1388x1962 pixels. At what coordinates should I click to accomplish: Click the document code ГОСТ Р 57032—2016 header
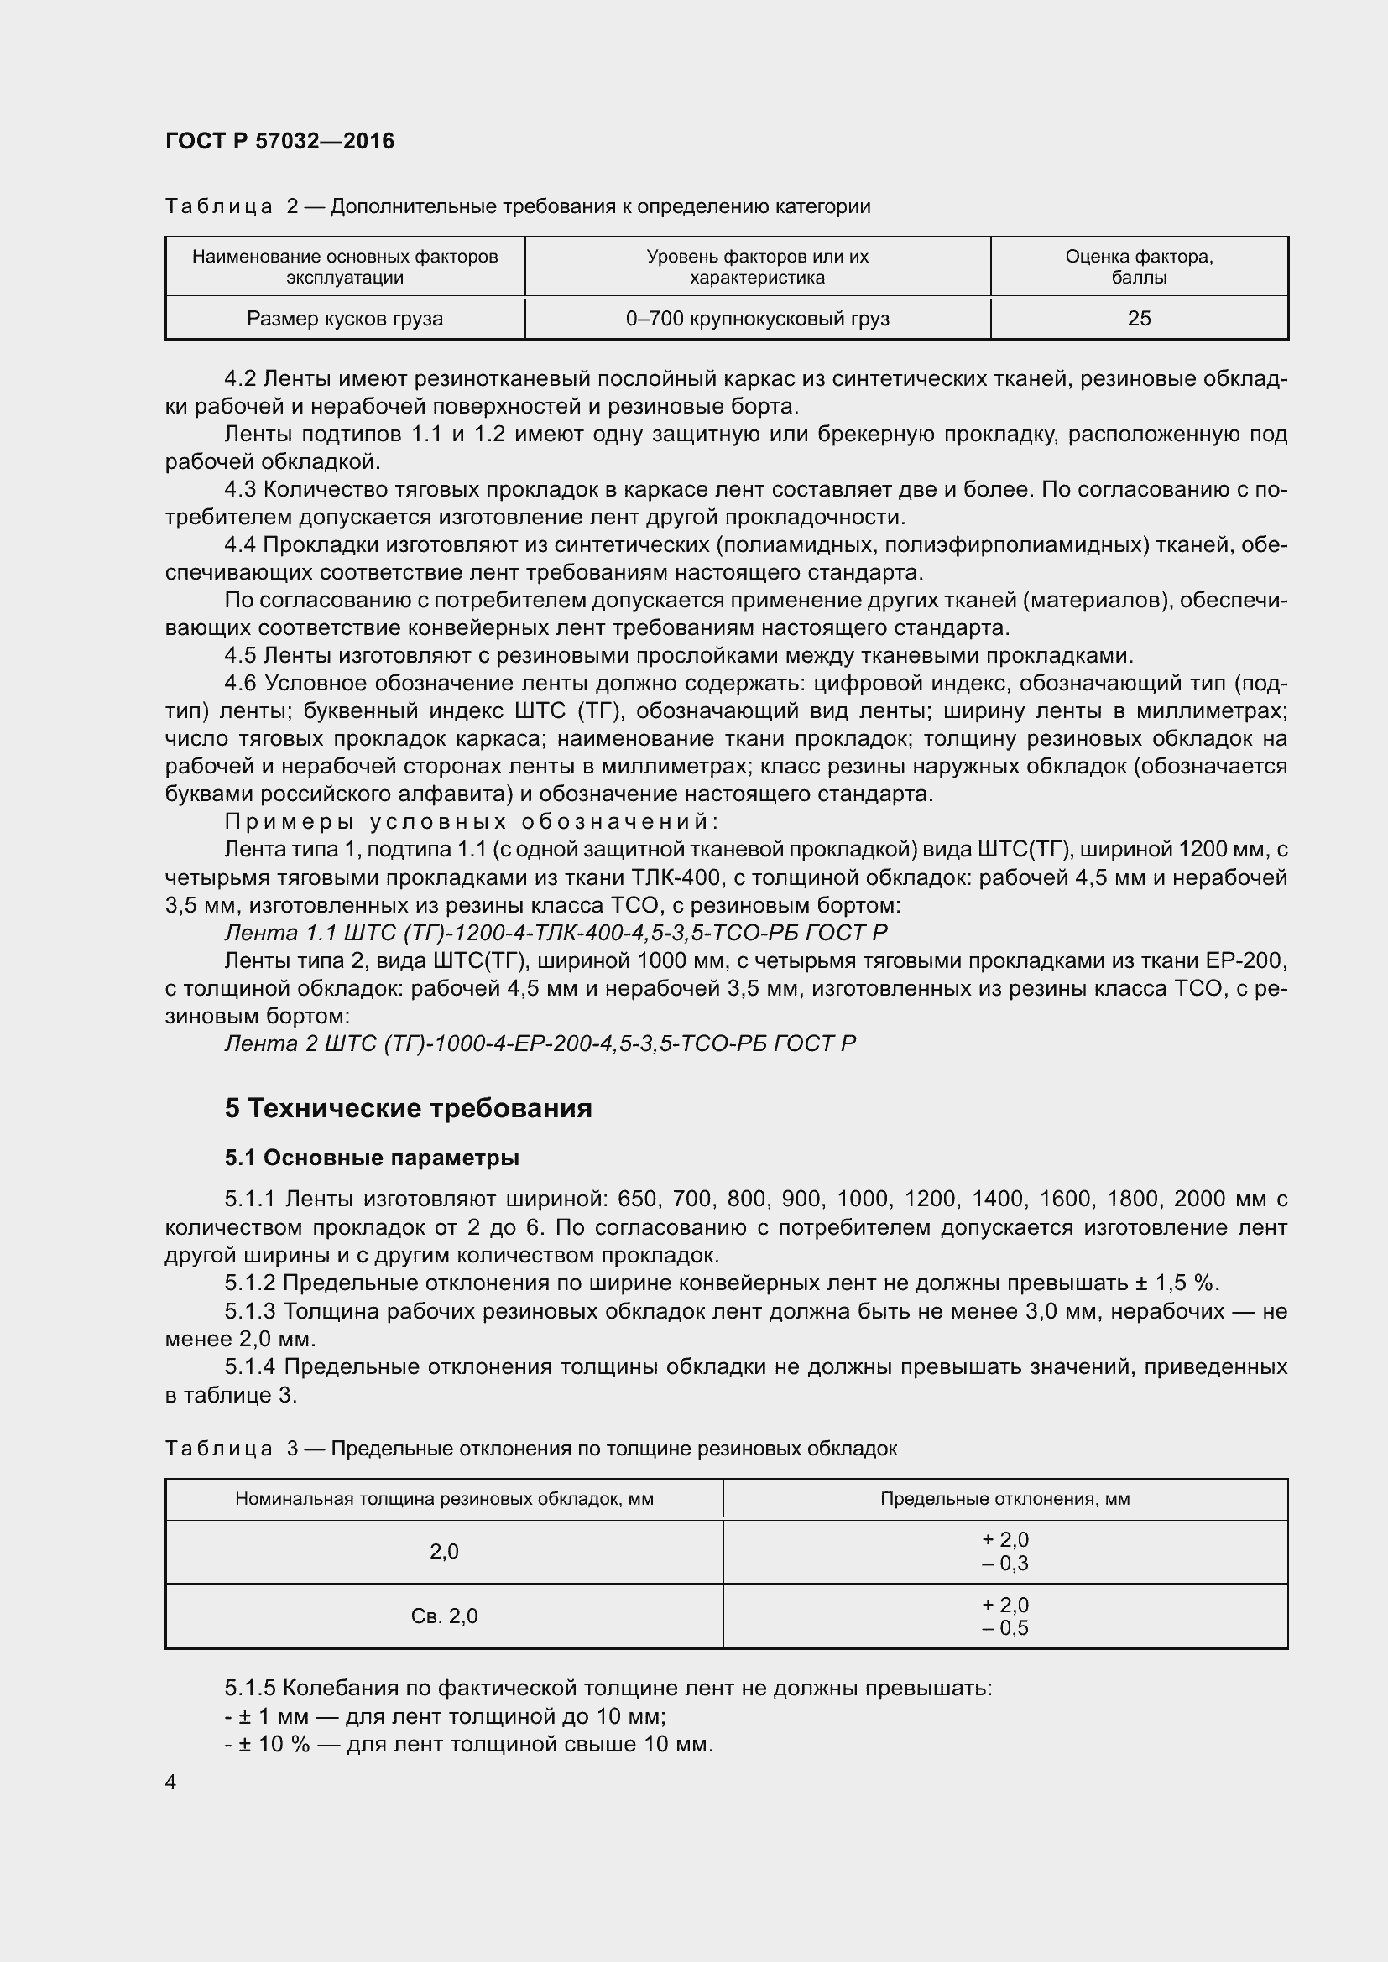point(279,141)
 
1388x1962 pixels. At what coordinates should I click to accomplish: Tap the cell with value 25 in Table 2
point(1139,319)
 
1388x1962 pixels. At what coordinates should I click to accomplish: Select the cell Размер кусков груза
point(344,319)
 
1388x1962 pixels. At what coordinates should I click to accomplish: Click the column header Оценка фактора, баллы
point(1139,267)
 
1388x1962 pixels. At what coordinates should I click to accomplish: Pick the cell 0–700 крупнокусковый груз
point(757,319)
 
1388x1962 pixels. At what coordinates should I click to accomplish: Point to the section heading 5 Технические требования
point(408,1108)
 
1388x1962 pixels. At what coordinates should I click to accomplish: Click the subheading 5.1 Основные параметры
point(372,1158)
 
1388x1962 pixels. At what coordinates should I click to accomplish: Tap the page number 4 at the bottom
point(171,1782)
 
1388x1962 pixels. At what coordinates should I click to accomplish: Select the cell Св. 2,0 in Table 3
point(444,1616)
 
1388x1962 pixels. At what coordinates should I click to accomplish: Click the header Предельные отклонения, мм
point(1005,1499)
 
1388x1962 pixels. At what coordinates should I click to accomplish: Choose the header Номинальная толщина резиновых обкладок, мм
point(444,1499)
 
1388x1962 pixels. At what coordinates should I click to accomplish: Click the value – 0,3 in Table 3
point(1005,1564)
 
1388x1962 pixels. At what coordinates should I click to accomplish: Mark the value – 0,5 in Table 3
point(1005,1628)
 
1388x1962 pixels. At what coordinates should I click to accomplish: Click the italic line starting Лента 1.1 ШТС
point(556,932)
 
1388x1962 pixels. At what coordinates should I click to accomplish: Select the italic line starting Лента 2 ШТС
point(540,1043)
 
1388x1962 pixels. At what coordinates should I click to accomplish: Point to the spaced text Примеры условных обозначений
point(471,822)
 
